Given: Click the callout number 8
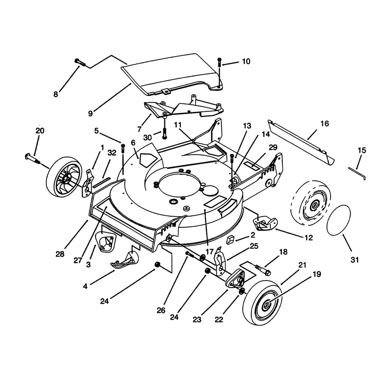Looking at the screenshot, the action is click(56, 95).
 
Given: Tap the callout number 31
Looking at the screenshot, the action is click(355, 260).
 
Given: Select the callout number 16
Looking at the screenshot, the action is click(325, 123).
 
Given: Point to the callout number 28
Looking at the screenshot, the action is click(60, 254).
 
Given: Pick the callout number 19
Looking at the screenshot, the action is click(317, 274).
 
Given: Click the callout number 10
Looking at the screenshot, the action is click(246, 61).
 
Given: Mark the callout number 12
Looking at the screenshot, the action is click(308, 237).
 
